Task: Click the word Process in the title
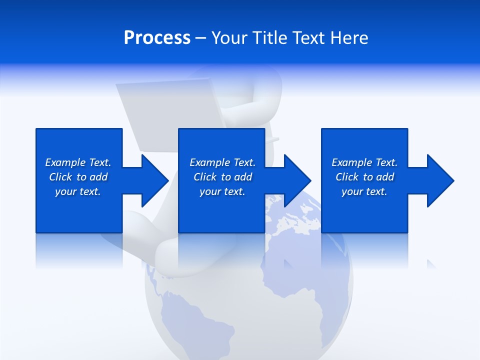pos(157,38)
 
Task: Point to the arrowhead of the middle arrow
pos(297,180)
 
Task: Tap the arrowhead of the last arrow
pos(440,180)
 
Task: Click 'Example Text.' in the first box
pos(78,162)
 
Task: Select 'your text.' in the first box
pos(78,191)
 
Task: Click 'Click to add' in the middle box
pos(222,177)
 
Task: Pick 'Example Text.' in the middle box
pos(222,162)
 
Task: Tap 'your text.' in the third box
pos(364,191)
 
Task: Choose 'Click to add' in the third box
pos(364,177)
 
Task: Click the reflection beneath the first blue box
pos(78,250)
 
